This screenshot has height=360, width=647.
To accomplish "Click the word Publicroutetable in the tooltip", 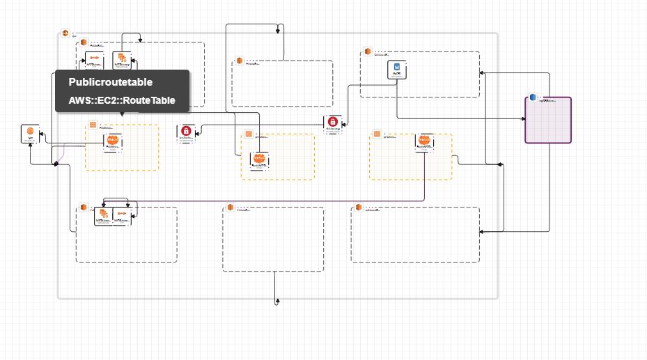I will (110, 82).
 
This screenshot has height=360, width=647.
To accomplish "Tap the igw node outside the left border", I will (31, 132).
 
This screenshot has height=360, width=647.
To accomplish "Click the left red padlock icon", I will (186, 130).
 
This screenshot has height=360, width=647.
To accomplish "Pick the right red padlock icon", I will (333, 121).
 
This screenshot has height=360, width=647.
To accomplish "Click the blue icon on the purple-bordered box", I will (533, 97).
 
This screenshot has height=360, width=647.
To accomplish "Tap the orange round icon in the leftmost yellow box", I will (113, 141).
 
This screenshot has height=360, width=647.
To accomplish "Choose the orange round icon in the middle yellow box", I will (259, 159).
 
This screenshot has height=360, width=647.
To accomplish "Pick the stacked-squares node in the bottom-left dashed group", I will (104, 214).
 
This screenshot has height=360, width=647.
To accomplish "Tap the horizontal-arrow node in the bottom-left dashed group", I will (122, 214).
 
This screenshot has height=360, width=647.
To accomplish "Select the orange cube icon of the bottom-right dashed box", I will (359, 208).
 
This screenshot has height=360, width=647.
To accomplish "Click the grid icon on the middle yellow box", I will (248, 134).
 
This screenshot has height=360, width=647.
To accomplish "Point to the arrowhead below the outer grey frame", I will (277, 301).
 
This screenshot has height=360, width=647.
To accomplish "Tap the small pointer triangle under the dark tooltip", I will (122, 114).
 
